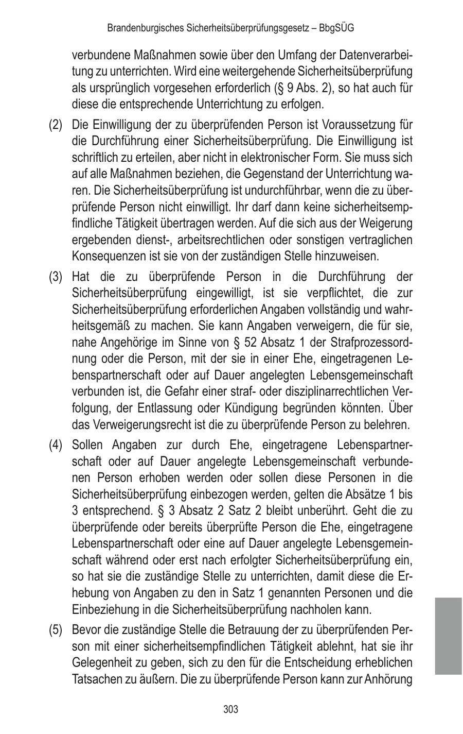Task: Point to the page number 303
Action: pos(231,709)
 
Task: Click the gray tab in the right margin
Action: pos(448,636)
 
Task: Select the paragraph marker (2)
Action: pos(56,125)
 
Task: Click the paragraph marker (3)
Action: pos(56,277)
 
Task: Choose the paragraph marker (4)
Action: pos(56,445)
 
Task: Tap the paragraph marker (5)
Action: pos(56,630)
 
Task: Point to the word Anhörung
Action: pos(389,679)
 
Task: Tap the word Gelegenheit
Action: pos(102,663)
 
